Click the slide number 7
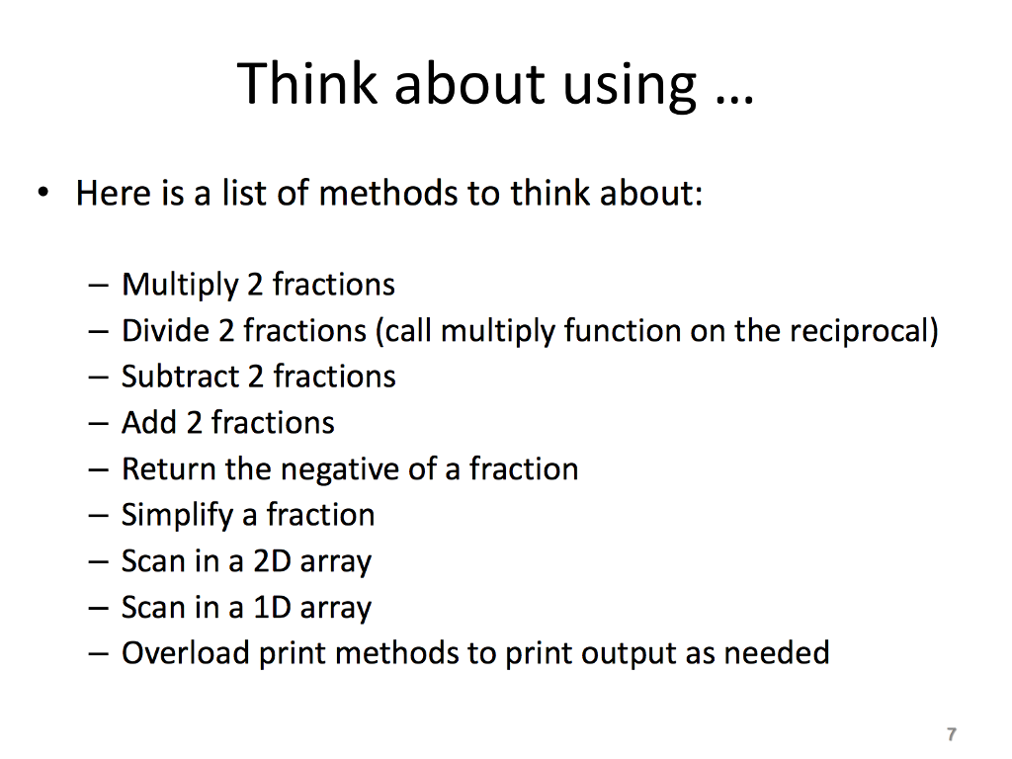tap(951, 734)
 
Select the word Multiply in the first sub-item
tap(180, 286)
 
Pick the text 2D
tap(273, 561)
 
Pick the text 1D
tap(272, 607)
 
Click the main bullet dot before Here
tap(42, 194)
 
